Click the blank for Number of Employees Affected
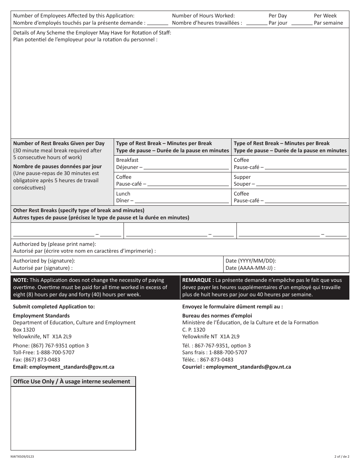pos(158,23)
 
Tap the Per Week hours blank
pos(302,23)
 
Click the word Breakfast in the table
pos(127,160)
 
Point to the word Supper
pos(242,177)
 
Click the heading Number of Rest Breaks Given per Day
pos(59,143)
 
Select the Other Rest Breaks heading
pos(79,210)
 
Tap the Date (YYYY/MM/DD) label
pos(251,261)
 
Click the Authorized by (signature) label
pos(44,261)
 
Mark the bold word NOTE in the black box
pos(20,280)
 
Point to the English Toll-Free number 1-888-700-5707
pos(55,352)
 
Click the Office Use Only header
pos(72,382)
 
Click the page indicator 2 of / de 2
pos(341,457)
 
